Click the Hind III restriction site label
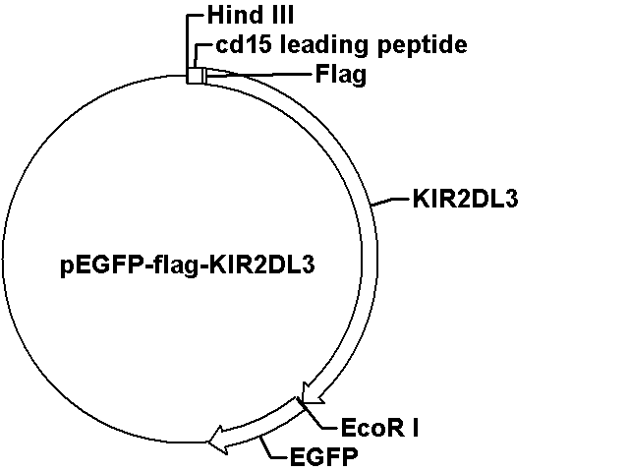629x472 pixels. point(251,16)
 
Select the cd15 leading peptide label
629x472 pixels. point(341,45)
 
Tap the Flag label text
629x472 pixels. point(341,75)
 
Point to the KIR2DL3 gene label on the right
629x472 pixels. point(465,199)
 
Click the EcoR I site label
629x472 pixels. point(379,428)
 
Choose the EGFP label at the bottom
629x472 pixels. point(323,456)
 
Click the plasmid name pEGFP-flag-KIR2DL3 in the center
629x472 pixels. point(188,265)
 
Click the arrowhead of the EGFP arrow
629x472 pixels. point(218,440)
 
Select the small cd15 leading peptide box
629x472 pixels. point(195,76)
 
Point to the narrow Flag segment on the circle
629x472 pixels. point(205,77)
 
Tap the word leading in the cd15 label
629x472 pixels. point(323,45)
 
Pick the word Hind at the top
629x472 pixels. point(230,16)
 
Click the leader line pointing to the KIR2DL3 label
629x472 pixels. point(391,202)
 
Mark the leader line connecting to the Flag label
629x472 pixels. point(259,75)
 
